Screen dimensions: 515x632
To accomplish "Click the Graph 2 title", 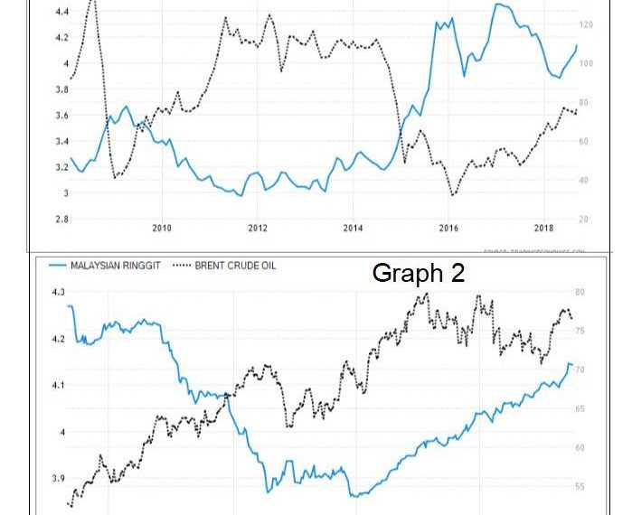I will coord(419,274).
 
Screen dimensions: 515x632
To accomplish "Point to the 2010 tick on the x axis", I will coord(162,228).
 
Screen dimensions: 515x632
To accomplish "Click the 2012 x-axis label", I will coord(258,228).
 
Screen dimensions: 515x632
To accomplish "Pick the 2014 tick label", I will coord(353,228).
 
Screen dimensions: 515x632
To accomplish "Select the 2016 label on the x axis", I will coord(448,228).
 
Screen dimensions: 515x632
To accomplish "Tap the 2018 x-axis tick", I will coord(544,228).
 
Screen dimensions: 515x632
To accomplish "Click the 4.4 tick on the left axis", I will coord(62,12).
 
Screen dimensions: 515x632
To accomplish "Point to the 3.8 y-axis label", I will coord(62,89).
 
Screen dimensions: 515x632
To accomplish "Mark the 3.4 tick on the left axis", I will coord(62,141).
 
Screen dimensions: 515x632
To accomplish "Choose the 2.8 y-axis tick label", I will coord(62,219).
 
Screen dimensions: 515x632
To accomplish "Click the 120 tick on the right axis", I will coord(586,24).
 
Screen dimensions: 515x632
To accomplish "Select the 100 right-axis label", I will coord(586,63).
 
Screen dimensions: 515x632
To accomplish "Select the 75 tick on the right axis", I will coord(580,332).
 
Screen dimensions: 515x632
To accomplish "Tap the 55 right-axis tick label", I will coord(580,487).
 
